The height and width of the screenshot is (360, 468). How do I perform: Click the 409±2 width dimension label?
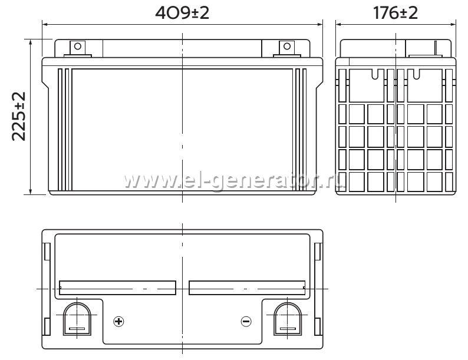182,13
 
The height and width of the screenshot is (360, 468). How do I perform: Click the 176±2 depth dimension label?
396,13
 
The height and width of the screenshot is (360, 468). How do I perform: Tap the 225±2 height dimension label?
19,116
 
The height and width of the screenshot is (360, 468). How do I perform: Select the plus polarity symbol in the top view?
119,322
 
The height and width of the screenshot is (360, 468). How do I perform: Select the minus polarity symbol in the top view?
246,321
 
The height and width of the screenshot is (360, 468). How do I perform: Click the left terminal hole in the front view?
78,46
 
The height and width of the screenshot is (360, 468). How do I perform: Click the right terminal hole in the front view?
287,46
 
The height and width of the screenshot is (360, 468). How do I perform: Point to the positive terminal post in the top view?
77,319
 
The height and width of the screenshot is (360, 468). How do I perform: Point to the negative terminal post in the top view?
288,319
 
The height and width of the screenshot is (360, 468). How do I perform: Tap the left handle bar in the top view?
118,288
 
